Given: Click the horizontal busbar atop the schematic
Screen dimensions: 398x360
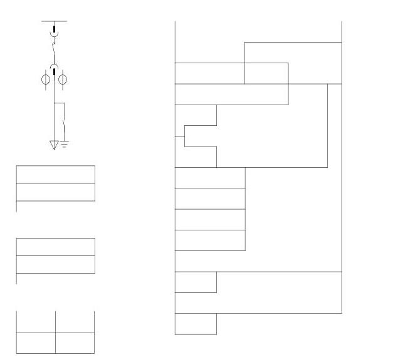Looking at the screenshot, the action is point(54,21).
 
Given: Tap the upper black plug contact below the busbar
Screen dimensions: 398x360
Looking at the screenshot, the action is point(55,29).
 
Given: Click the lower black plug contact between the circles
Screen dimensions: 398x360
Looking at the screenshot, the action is point(55,78).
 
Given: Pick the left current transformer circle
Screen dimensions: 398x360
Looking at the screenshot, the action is point(46,80).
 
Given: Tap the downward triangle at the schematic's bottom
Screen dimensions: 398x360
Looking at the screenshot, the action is point(54,145).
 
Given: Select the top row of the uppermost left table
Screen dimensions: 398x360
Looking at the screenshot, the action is point(55,175).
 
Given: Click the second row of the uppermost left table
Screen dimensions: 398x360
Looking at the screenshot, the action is point(55,192).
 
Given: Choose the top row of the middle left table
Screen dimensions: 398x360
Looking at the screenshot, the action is point(55,247).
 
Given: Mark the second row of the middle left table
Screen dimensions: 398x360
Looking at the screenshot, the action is point(55,264).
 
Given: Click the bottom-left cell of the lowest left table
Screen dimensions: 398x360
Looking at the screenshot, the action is point(36,342).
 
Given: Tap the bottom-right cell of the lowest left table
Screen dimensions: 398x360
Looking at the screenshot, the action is point(75,342).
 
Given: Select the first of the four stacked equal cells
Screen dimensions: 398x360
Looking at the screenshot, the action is point(209,178).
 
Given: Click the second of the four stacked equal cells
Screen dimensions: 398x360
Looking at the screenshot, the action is point(209,198).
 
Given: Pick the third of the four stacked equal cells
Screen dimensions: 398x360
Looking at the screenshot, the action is point(209,220).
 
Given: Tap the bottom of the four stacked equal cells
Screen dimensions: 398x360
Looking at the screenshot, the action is point(209,240).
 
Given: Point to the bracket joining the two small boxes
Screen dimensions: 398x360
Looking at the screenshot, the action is point(184,136).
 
